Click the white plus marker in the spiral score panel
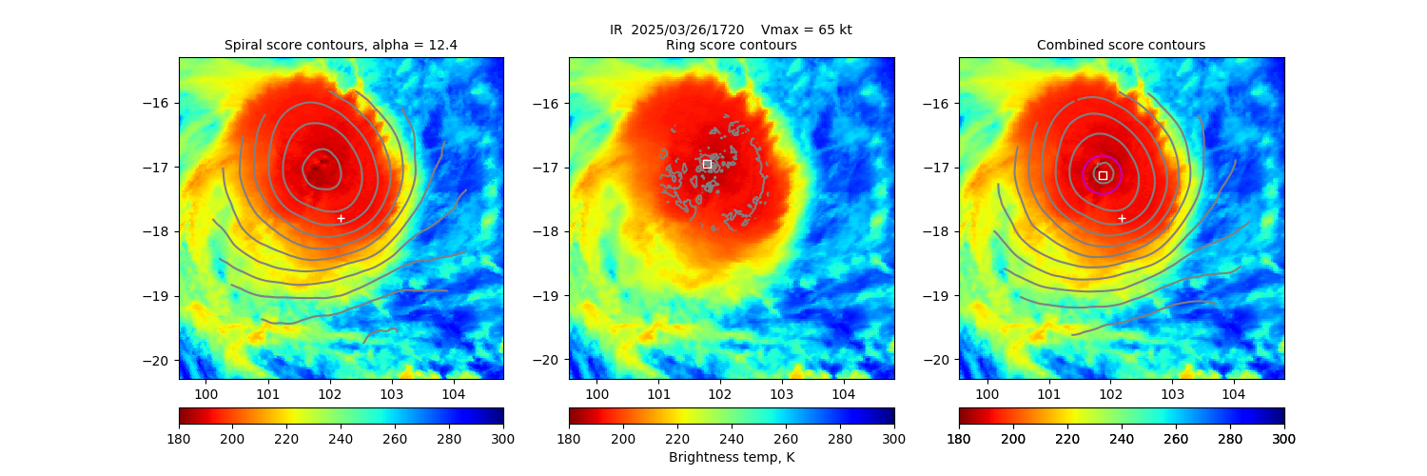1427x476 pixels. tap(341, 218)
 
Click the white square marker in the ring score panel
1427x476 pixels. tap(707, 164)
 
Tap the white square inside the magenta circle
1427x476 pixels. tap(1103, 175)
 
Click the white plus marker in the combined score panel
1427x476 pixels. tap(1122, 218)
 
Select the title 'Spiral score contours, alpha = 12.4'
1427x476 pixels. tap(341, 45)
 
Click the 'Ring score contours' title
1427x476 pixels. tap(731, 45)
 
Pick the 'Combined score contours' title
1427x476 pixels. tap(1121, 45)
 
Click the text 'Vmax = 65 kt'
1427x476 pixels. tap(807, 30)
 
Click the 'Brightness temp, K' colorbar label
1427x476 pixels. tap(731, 457)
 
